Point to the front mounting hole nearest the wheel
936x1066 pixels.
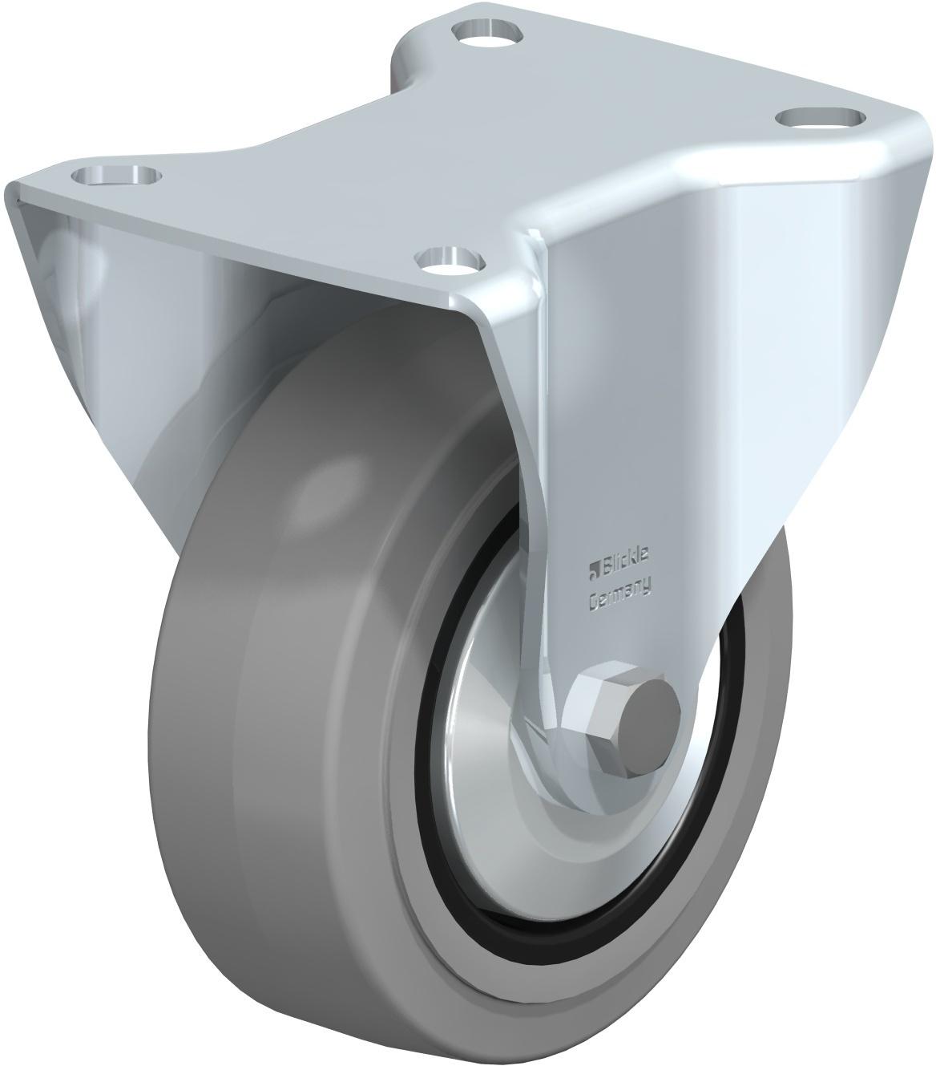click(x=450, y=260)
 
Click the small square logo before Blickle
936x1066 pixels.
click(x=593, y=572)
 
